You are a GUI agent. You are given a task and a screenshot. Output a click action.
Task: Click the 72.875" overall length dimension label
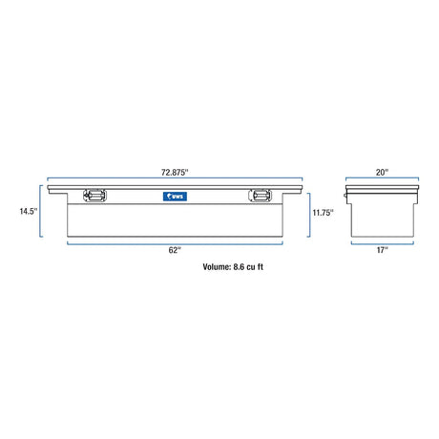click(x=175, y=173)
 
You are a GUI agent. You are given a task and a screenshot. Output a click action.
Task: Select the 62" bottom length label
click(x=175, y=250)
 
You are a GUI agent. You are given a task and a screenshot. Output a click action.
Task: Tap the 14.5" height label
click(x=29, y=211)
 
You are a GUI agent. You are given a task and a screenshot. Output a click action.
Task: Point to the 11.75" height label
click(x=323, y=213)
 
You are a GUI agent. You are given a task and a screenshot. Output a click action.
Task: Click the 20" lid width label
click(x=382, y=173)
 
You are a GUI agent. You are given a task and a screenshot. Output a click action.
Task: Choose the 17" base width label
click(x=382, y=250)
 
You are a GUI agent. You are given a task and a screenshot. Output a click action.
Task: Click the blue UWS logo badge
click(x=175, y=197)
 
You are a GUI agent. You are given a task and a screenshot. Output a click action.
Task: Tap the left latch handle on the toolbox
click(x=94, y=196)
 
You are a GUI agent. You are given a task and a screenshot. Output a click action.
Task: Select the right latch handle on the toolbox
click(x=260, y=196)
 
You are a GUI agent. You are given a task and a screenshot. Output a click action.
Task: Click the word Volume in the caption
click(x=217, y=266)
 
